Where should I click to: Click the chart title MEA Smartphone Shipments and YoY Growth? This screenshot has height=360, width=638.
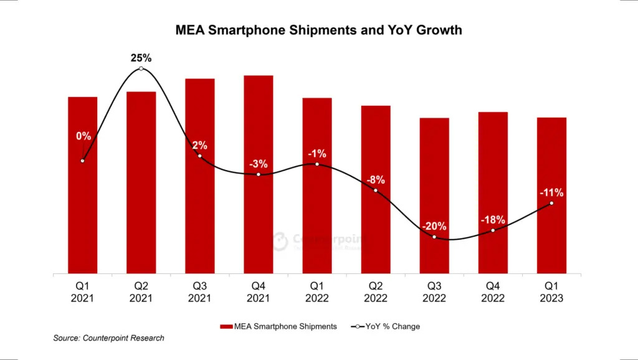click(x=318, y=29)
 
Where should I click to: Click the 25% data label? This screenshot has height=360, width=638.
click(x=141, y=58)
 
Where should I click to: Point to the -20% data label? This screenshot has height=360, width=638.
click(x=434, y=225)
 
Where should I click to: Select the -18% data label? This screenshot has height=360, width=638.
click(x=492, y=220)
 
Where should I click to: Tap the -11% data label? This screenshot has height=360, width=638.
click(x=551, y=192)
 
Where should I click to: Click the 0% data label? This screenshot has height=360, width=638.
click(x=83, y=136)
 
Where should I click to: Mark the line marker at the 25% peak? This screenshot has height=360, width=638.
click(x=141, y=69)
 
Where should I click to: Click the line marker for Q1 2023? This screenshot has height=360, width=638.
click(x=551, y=203)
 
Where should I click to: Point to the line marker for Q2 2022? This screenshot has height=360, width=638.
click(x=376, y=190)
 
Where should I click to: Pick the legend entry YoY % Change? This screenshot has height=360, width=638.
click(x=386, y=326)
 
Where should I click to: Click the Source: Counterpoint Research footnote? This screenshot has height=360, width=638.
click(x=109, y=338)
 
